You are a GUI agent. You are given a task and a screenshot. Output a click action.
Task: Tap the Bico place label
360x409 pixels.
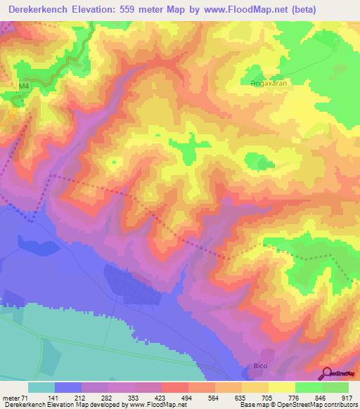coord(261,366)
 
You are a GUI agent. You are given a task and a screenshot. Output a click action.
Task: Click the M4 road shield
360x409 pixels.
coord(25,86)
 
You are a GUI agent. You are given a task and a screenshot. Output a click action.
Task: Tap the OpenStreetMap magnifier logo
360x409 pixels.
coord(326,372)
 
